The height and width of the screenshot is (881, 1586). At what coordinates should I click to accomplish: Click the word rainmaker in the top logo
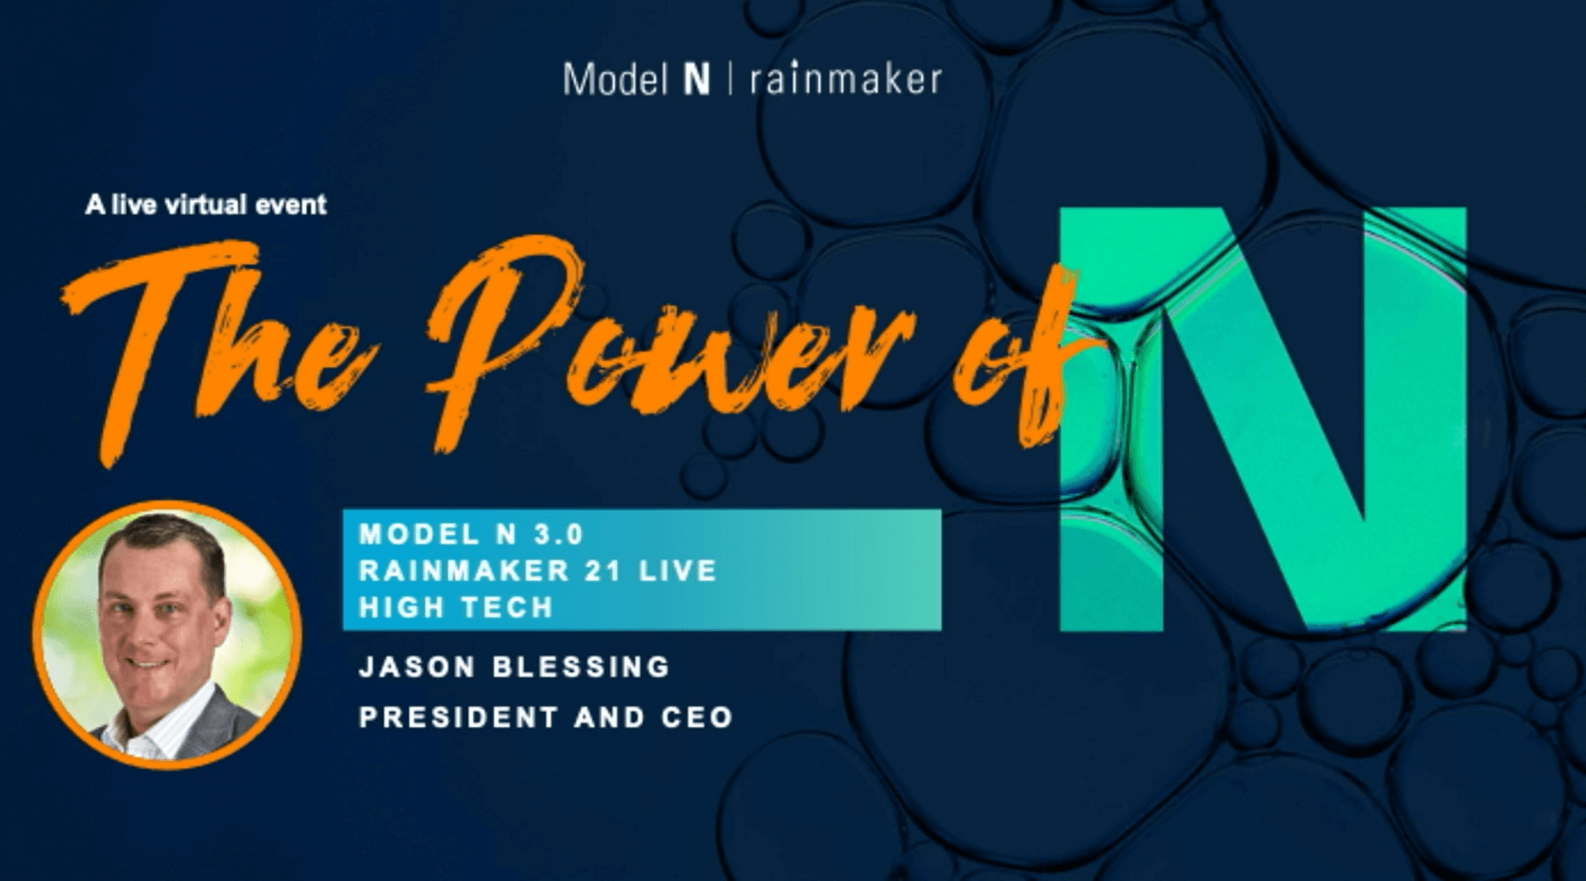coord(846,78)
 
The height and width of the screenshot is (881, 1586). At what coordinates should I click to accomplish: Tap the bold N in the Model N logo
coord(697,80)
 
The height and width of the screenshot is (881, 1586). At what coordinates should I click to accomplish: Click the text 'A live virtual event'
coord(206,205)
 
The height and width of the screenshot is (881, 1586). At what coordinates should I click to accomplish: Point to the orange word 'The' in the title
coord(214,343)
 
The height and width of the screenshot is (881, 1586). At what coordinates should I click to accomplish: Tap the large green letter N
coord(1263,419)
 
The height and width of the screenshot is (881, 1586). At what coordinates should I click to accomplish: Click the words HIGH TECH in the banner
coord(457,608)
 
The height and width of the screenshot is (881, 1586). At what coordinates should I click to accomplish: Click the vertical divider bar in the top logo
coord(730,80)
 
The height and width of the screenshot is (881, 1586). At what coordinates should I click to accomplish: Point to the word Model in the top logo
coord(615,80)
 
